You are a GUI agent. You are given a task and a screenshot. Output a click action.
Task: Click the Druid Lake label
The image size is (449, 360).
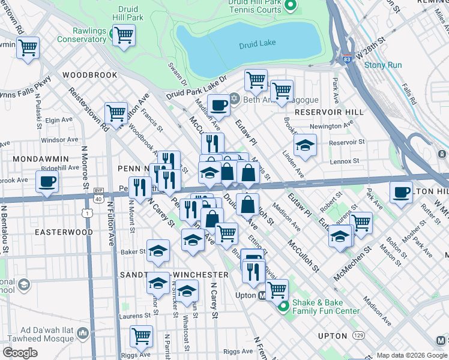coord(257,45)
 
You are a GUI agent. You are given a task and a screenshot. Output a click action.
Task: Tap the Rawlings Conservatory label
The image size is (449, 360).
coord(82,35)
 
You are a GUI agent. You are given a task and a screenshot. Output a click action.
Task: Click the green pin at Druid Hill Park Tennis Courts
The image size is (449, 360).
coord(291,6)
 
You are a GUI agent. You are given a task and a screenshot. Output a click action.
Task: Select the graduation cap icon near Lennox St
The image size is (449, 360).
coord(305,145)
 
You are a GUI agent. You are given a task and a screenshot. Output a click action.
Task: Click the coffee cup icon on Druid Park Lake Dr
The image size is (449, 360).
coord(219,105)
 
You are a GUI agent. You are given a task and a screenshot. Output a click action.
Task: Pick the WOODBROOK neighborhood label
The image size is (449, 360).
coord(89,75)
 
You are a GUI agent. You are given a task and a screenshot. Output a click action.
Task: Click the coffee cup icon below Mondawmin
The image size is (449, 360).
coord(47,182)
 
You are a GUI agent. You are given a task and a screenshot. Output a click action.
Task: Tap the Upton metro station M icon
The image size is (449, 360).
coord(262,295)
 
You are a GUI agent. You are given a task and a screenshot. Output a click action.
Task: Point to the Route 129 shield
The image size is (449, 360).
coord(358,335)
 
